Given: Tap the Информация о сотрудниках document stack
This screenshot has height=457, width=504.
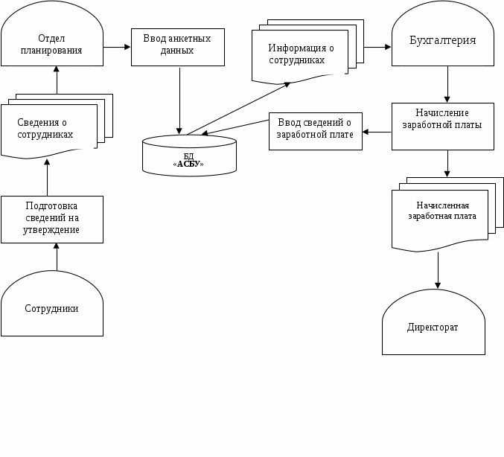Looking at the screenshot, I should point(301,54).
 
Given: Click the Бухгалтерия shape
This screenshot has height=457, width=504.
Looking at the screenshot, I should point(443,41).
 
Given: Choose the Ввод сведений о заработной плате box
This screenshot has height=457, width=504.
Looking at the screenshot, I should point(315,131).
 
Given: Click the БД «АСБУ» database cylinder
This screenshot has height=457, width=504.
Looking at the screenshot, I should point(189,156).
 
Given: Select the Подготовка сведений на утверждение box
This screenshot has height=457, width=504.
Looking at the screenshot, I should point(51,219).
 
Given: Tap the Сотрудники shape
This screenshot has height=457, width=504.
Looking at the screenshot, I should point(51,308).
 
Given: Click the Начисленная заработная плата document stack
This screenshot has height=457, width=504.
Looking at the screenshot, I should point(441,216).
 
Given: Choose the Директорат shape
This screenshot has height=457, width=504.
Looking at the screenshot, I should point(433,326).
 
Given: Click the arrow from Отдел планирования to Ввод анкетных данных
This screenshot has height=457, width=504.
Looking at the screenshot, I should point(117,47).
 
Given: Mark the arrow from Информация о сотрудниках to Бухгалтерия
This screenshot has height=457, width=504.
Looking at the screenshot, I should point(377,47).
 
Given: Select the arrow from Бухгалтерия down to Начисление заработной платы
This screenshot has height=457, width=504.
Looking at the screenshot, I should point(447,84).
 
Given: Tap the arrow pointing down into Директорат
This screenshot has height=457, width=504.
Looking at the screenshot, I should point(438,271).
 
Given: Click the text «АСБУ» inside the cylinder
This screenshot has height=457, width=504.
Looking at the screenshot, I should point(188,164).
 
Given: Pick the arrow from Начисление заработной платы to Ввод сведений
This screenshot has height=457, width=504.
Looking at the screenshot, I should point(377,132).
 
